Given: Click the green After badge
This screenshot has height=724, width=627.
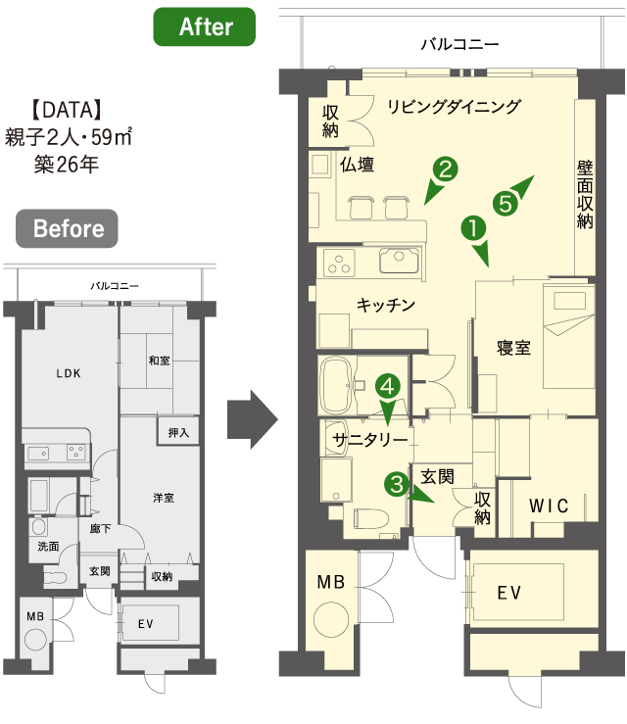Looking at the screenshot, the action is (204, 26).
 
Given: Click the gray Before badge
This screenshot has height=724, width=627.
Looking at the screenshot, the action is (67, 228).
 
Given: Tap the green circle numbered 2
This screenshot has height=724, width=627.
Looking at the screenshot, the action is (445, 169).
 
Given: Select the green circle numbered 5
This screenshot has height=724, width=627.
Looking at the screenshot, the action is (506, 203).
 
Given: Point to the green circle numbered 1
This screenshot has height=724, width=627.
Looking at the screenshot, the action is (473, 228).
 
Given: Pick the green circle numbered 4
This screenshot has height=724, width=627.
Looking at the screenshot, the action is (387, 386).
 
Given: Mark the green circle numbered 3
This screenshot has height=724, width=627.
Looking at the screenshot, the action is (397, 484).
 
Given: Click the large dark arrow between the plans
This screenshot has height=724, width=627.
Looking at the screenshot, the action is (253, 419).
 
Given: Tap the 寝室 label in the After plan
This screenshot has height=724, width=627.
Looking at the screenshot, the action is (513, 348).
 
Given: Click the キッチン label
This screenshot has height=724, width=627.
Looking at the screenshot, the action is (386, 306).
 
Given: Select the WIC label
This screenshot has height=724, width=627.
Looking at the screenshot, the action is (549, 506).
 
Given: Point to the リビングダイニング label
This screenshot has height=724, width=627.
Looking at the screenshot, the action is (454, 107).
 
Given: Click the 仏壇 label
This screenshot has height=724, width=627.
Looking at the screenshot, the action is (357, 165).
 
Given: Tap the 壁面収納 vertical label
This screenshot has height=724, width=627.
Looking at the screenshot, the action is (585, 195).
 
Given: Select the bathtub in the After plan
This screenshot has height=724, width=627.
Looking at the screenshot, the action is (336, 386).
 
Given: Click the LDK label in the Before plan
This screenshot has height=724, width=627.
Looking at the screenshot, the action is (69, 373).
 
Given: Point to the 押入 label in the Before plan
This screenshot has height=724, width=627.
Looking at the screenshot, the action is (178, 433).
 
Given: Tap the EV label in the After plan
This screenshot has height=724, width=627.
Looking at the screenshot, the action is (508, 593).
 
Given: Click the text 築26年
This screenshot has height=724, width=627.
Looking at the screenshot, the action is (67, 165).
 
